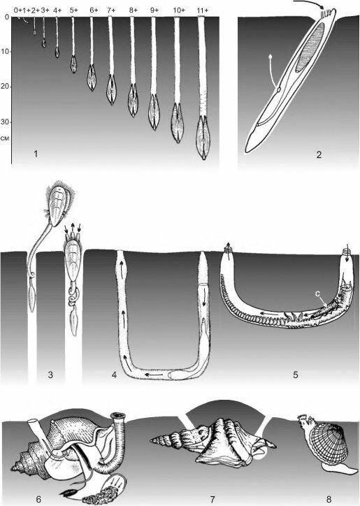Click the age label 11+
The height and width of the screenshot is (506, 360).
click(x=202, y=10)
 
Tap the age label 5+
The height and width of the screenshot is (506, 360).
click(x=74, y=10)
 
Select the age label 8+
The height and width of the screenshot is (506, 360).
click(x=134, y=10)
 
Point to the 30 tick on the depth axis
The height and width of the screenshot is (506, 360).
click(x=7, y=122)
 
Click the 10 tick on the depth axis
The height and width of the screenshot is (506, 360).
click(x=7, y=51)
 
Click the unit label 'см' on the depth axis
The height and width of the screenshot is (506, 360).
click(x=6, y=138)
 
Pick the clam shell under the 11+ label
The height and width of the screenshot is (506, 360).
click(x=203, y=138)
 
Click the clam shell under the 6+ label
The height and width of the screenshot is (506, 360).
click(x=92, y=78)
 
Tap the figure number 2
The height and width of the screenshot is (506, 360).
click(x=319, y=155)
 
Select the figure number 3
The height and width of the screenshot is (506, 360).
click(x=50, y=375)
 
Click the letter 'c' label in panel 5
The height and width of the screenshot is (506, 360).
click(x=317, y=294)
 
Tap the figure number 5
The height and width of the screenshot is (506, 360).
click(x=296, y=375)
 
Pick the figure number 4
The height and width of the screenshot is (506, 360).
click(x=114, y=375)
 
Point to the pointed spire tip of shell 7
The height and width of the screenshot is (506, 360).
click(x=150, y=440)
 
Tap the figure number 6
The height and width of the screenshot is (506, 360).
click(x=38, y=500)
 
